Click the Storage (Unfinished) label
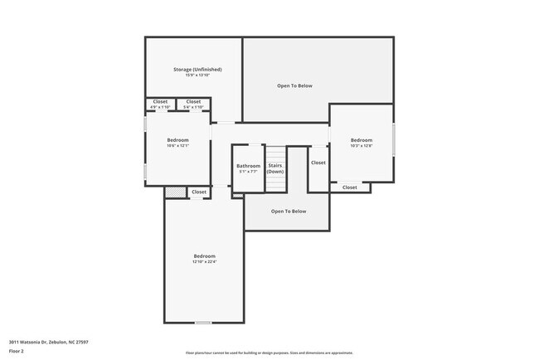[197, 69]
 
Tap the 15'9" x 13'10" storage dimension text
[197, 75]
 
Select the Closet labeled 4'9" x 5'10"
[160, 104]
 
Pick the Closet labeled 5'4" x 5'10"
[193, 104]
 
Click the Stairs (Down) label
[275, 168]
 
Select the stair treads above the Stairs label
[275, 154]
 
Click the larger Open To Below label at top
[294, 85]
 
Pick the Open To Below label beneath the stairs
[289, 212]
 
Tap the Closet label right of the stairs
[318, 163]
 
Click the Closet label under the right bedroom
[349, 187]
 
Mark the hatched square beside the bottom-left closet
[174, 192]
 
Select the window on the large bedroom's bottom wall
[203, 322]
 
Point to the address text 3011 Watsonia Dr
[37, 341]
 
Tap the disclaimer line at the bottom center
[269, 353]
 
